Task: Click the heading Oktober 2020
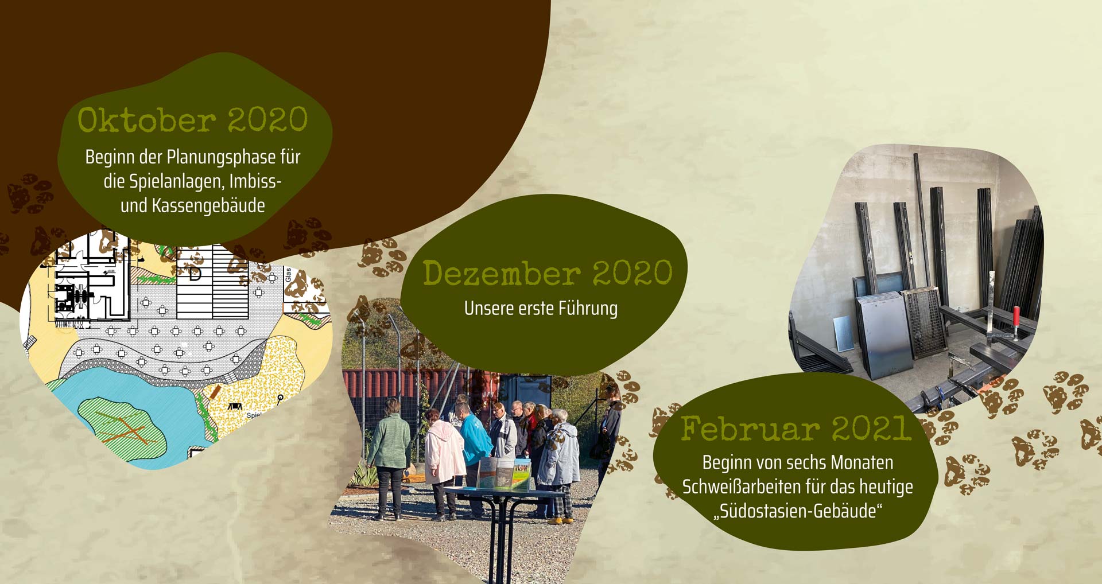(193, 120)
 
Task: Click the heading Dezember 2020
(548, 273)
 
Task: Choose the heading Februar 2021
(796, 429)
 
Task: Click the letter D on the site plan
(195, 274)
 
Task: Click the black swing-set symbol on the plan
(235, 407)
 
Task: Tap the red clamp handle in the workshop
(1016, 318)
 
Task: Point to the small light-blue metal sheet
(842, 333)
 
